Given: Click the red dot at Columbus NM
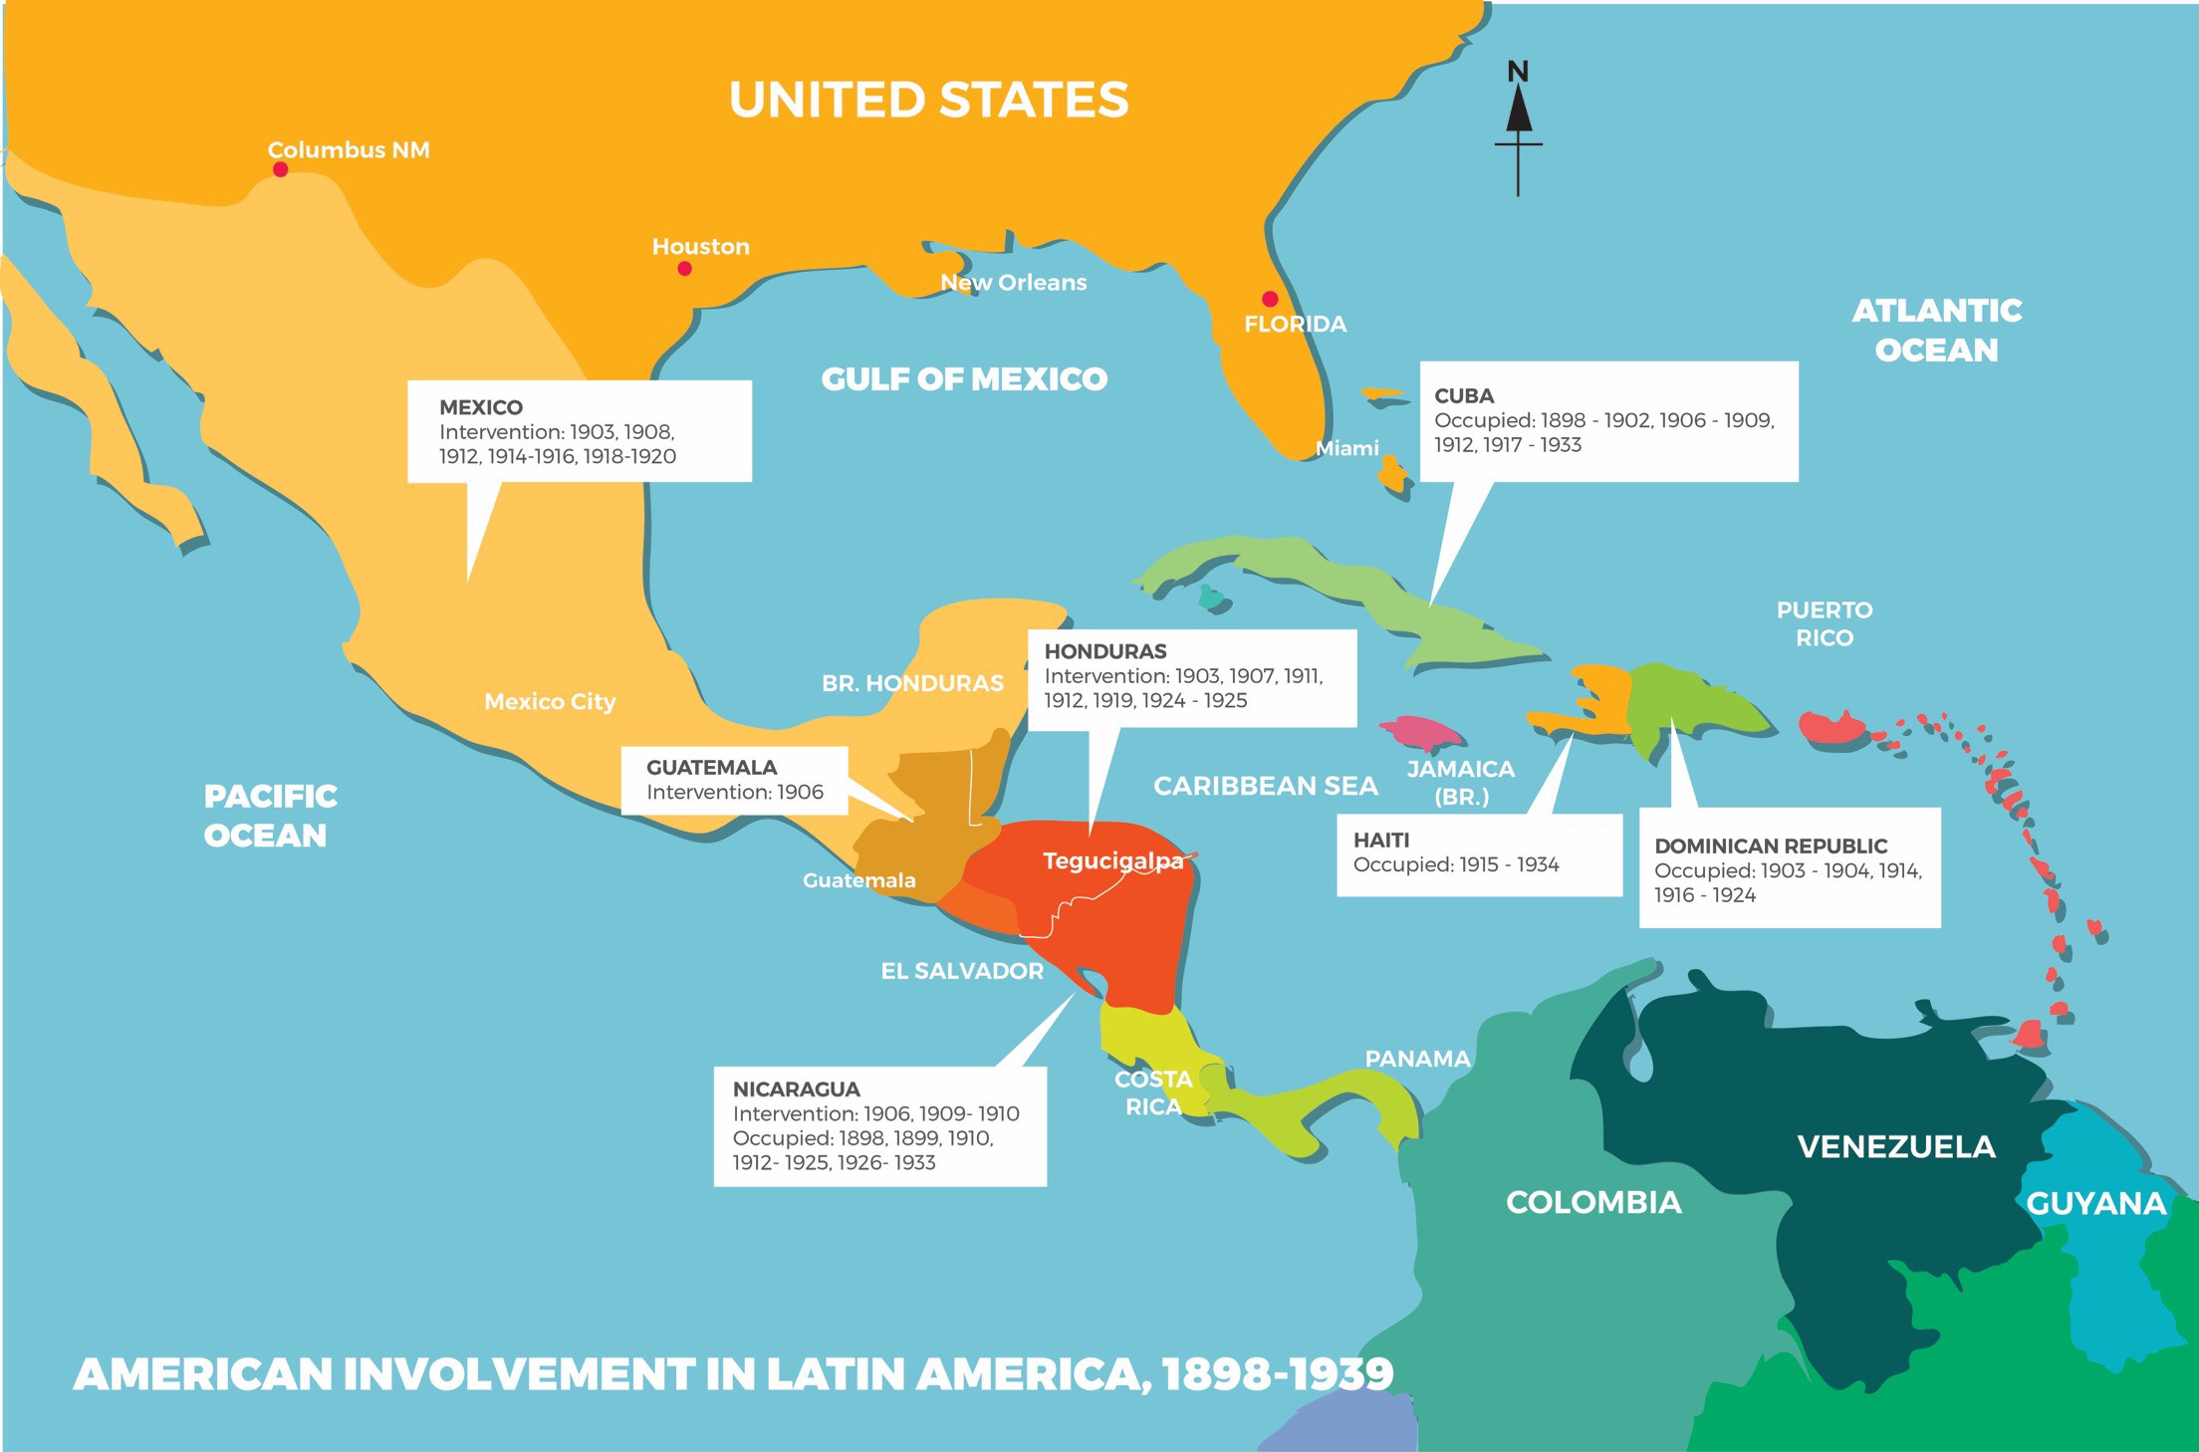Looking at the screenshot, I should pyautogui.click(x=281, y=169).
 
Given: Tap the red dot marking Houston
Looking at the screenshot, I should pyautogui.click(x=684, y=268).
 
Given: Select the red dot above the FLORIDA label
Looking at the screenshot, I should pyautogui.click(x=1270, y=299).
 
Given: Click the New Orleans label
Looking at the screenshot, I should pyautogui.click(x=1013, y=283).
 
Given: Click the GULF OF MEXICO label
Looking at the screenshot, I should pyautogui.click(x=963, y=379).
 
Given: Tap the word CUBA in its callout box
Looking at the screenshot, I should pyautogui.click(x=1464, y=395).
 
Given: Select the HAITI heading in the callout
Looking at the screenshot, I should pyautogui.click(x=1380, y=840).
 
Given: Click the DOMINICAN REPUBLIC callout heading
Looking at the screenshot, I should pyautogui.click(x=1770, y=846).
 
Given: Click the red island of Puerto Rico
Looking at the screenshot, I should pyautogui.click(x=1832, y=728).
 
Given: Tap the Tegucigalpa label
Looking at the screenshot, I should pyautogui.click(x=1112, y=860).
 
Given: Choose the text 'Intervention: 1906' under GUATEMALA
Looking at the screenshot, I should pyautogui.click(x=734, y=792).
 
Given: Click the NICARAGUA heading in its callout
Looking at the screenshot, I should pyautogui.click(x=796, y=1089).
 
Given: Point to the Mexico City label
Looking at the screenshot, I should pyautogui.click(x=550, y=702).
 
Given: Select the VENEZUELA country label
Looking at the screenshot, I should pyautogui.click(x=1895, y=1147).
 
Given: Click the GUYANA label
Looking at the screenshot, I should pyautogui.click(x=2095, y=1204).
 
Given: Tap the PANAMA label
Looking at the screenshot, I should pyautogui.click(x=1416, y=1059).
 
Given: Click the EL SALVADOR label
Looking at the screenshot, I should pyautogui.click(x=961, y=971).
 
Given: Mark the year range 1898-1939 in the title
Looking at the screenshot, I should pyautogui.click(x=1277, y=1374).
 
